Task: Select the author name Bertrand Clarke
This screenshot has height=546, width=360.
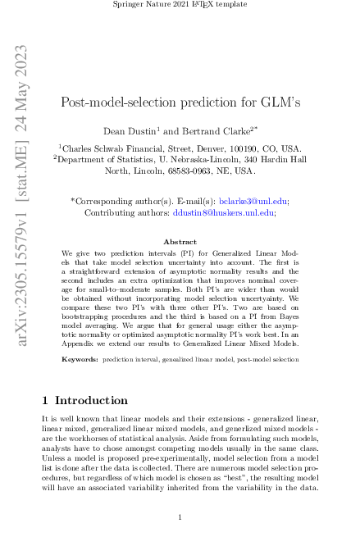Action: [x=205, y=130]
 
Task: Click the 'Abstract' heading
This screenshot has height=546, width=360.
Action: [x=180, y=242]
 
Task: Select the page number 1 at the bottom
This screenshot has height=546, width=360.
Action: [x=180, y=517]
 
